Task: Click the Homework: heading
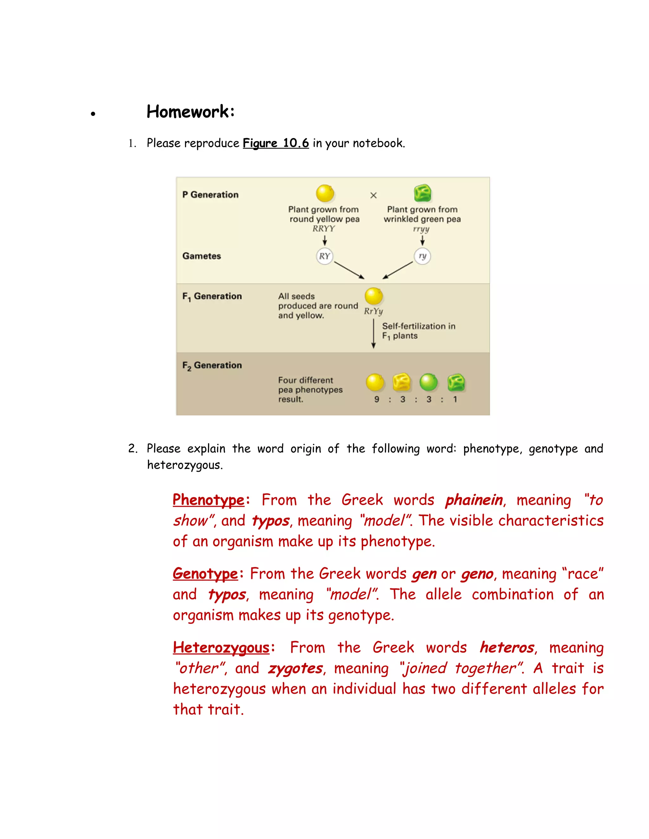point(190,112)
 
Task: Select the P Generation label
point(210,195)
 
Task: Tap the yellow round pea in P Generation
point(325,193)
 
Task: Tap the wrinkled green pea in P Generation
point(422,193)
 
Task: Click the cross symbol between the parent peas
point(373,196)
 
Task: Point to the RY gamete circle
point(324,256)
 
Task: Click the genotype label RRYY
point(324,229)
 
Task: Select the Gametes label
point(202,256)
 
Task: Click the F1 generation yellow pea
point(373,296)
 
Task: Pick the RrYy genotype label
point(373,311)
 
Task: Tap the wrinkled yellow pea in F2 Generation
point(402,382)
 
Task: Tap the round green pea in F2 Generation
point(428,382)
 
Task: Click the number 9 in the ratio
point(377,400)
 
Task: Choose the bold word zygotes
point(295,668)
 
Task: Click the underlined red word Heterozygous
point(222,648)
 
